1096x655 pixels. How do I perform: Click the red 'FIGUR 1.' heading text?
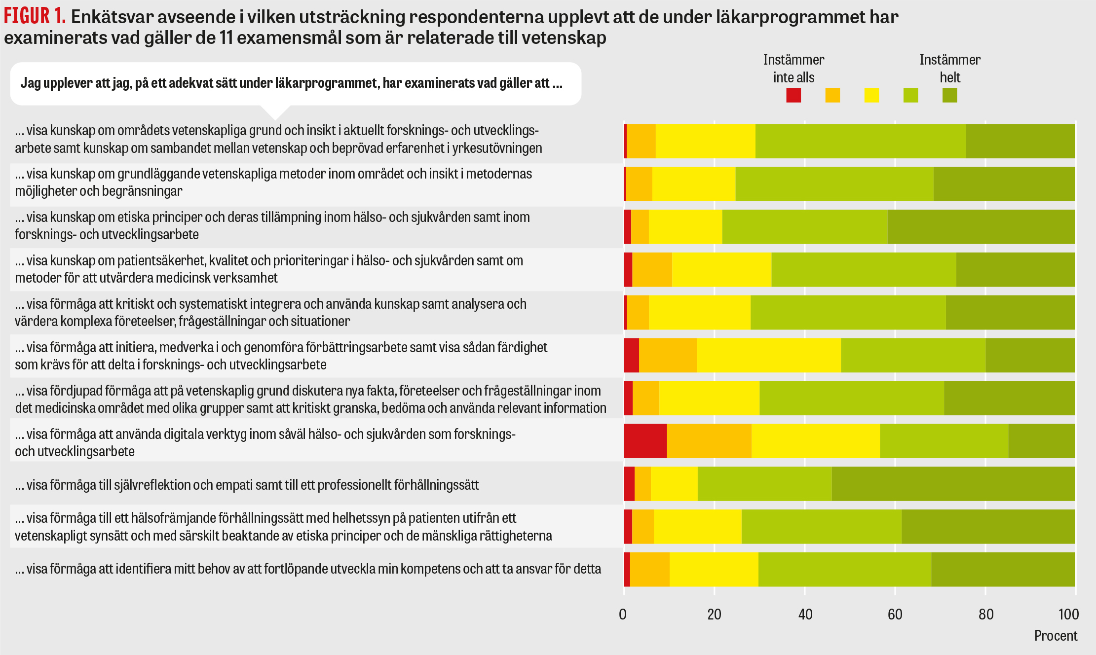point(35,16)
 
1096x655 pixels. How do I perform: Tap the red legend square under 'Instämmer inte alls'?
point(794,95)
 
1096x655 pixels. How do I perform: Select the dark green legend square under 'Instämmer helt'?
point(949,95)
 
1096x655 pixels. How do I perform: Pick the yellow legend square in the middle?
point(871,95)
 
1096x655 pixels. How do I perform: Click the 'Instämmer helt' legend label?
point(950,69)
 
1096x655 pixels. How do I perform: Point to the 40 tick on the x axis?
point(805,615)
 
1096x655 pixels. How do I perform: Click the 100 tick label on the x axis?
point(1068,615)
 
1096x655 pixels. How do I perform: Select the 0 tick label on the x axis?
point(623,615)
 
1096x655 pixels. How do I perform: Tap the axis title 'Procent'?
point(1056,636)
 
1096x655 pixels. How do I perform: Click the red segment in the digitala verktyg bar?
point(645,441)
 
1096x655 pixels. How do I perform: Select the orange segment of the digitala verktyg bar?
point(709,441)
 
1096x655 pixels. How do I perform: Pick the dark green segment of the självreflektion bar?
point(953,484)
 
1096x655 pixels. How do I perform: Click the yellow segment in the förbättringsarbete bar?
point(769,355)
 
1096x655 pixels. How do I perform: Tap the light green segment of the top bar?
point(860,141)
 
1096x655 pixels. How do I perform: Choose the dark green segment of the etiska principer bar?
point(981,227)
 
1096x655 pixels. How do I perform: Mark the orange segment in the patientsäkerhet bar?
point(652,270)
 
